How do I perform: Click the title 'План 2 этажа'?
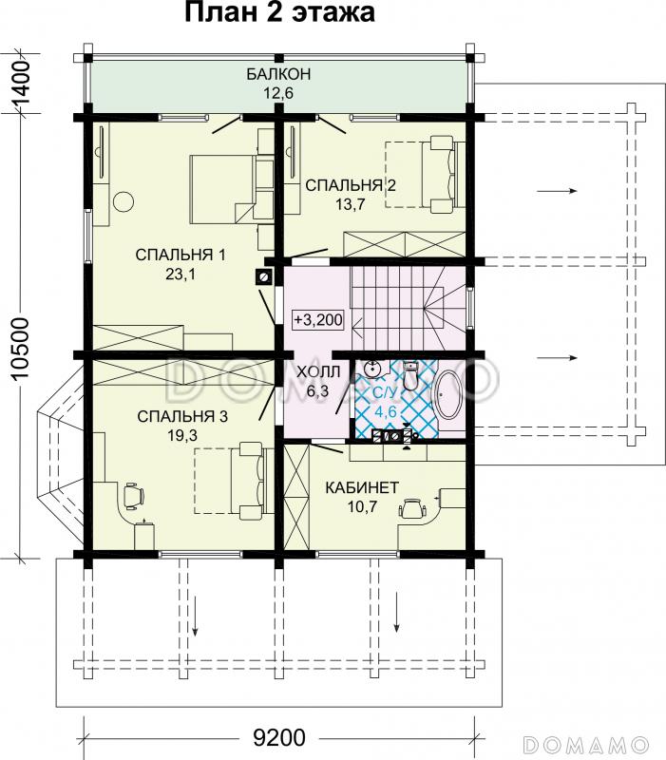[279, 12]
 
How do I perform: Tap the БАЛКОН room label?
[278, 74]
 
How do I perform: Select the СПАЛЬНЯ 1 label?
[181, 255]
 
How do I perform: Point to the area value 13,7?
[350, 204]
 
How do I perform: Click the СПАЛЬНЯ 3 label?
[182, 416]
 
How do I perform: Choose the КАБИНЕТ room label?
[362, 487]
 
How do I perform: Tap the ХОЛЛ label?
[318, 372]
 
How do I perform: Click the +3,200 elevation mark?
[318, 320]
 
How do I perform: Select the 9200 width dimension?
[279, 738]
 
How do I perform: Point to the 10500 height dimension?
[19, 349]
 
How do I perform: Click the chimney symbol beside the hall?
[264, 276]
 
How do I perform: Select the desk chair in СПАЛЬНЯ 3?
[133, 495]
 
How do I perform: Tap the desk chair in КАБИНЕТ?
[412, 507]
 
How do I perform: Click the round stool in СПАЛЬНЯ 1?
[124, 201]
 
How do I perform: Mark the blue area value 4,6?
[386, 412]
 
